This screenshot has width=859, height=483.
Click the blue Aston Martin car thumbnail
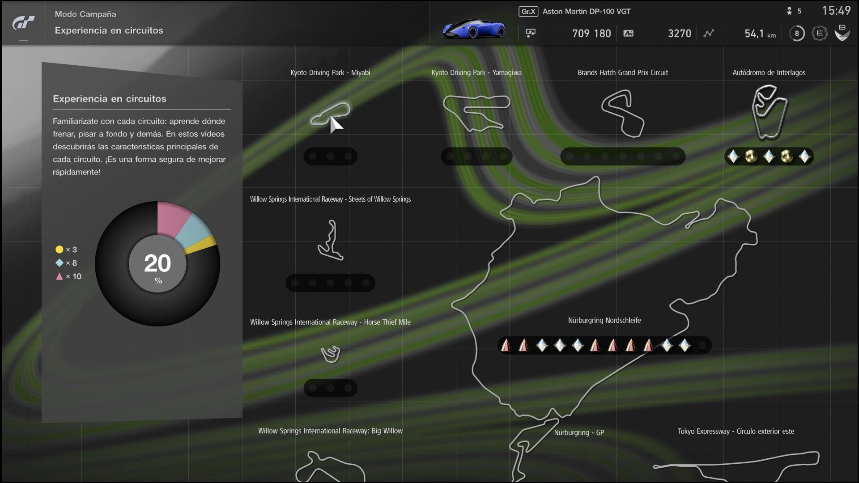click(474, 29)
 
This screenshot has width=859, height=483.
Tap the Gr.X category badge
click(528, 12)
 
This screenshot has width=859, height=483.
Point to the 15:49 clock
click(836, 11)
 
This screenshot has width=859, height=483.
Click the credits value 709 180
click(591, 34)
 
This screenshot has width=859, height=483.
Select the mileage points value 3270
click(679, 34)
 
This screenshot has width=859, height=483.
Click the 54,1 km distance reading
click(760, 34)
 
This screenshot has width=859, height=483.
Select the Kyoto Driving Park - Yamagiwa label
click(476, 72)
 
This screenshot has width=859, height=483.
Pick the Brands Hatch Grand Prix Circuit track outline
click(623, 114)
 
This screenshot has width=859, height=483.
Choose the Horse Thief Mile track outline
click(331, 354)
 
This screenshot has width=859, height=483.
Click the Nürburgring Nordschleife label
click(604, 320)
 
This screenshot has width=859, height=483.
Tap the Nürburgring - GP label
click(579, 432)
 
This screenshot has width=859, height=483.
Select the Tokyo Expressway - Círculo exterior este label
click(736, 431)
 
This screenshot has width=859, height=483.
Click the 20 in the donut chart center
click(157, 263)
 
